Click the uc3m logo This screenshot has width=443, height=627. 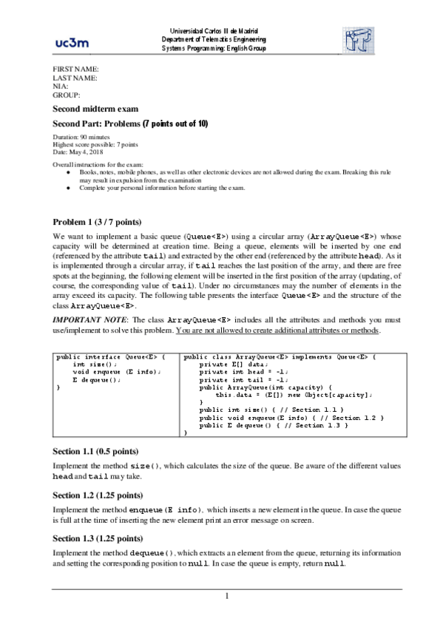(72, 42)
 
